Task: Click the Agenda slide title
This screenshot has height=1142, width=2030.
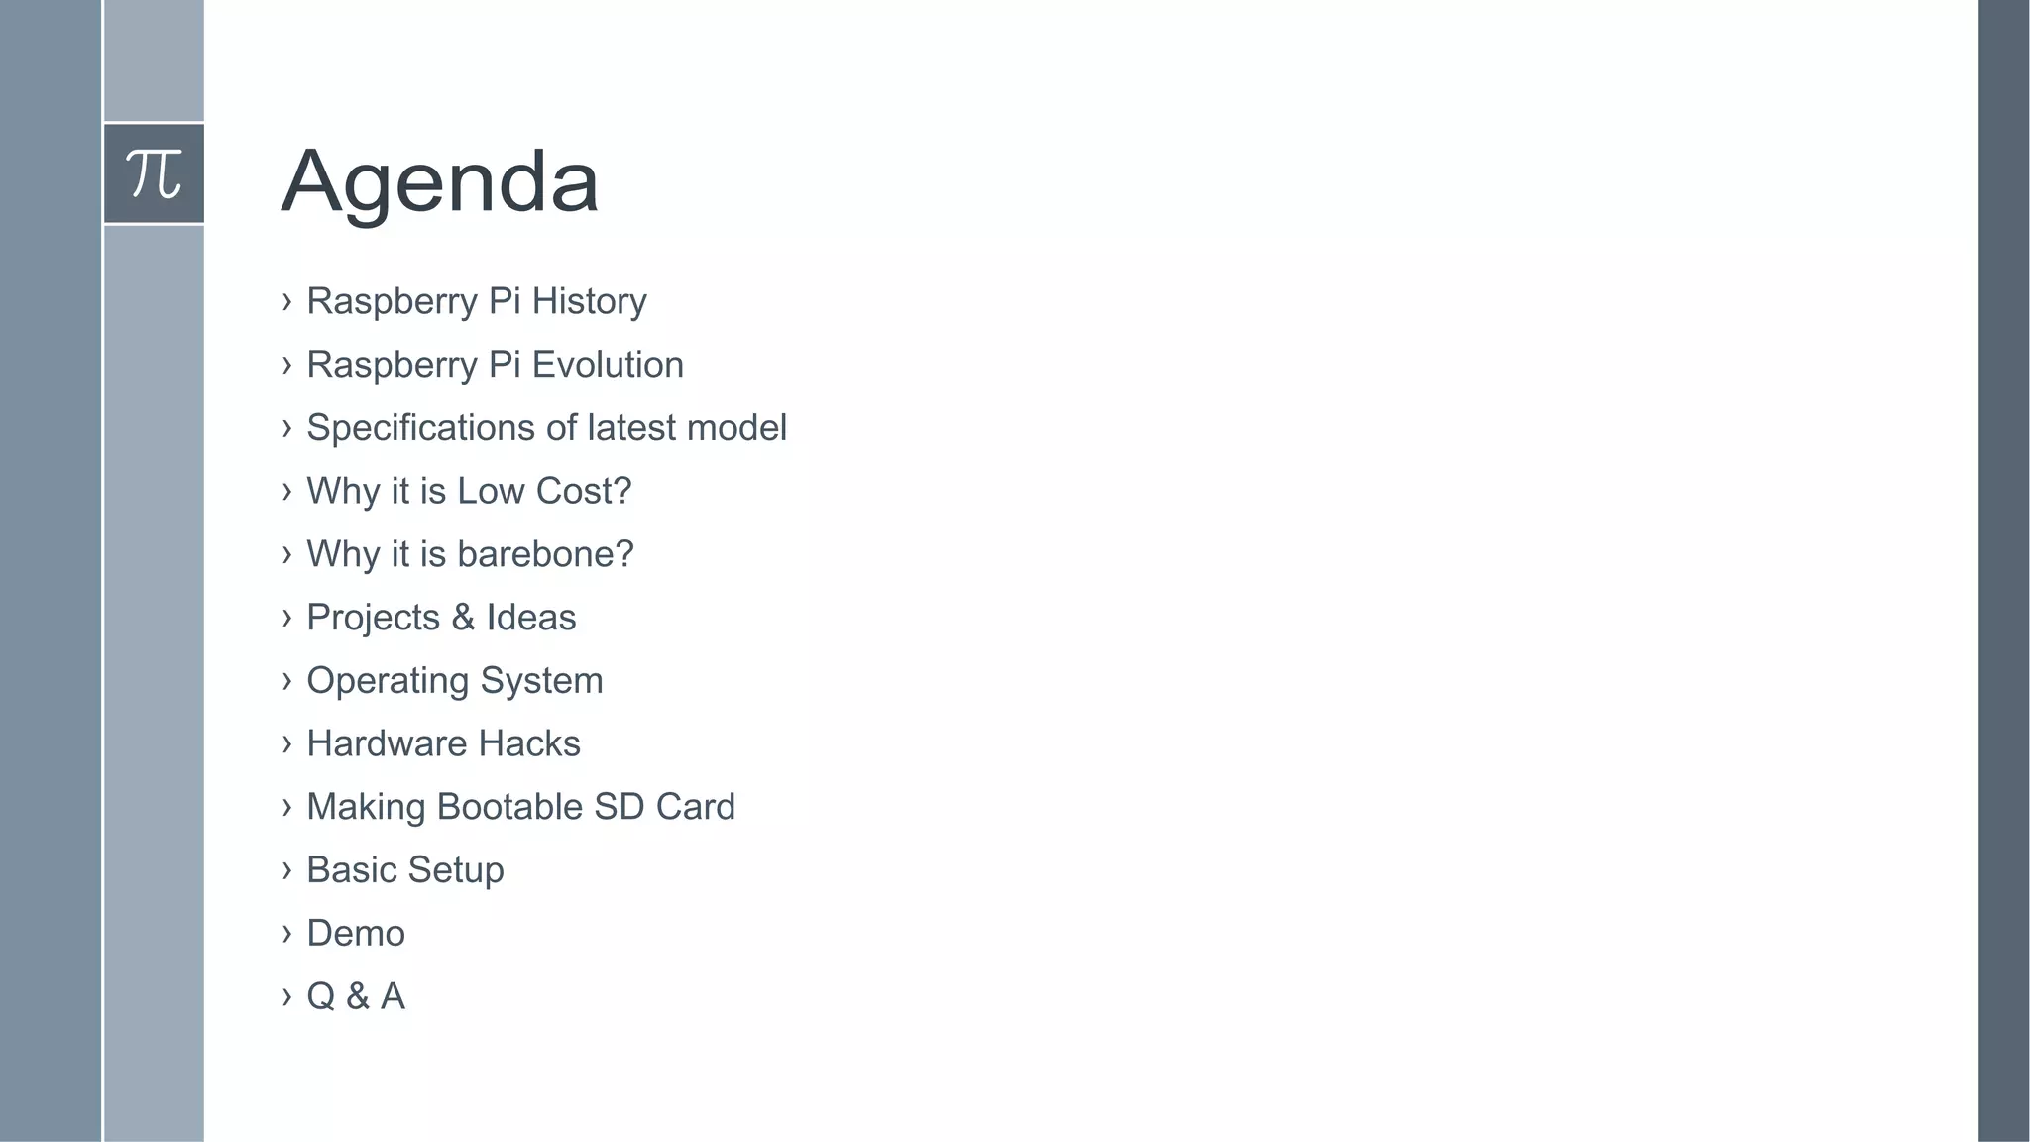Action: click(x=440, y=181)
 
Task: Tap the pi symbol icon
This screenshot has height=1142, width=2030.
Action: click(x=154, y=173)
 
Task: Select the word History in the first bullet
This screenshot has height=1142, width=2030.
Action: click(x=589, y=301)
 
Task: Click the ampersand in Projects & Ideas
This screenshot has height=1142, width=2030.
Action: click(x=463, y=618)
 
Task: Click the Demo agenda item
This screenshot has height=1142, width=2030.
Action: click(x=356, y=934)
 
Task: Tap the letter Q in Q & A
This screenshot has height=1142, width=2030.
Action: click(x=320, y=996)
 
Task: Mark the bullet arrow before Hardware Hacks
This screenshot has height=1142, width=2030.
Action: click(x=286, y=743)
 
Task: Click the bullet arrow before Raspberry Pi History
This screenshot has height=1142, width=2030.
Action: click(x=286, y=301)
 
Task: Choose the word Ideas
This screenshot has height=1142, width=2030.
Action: click(x=531, y=618)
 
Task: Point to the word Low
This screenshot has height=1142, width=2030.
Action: click(x=490, y=491)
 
